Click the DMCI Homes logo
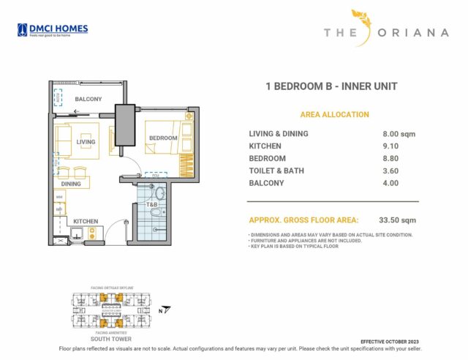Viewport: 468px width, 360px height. click(x=53, y=30)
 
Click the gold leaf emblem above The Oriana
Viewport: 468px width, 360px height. click(x=363, y=22)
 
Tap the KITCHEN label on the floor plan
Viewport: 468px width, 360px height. click(x=86, y=221)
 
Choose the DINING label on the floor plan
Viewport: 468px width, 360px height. click(x=71, y=184)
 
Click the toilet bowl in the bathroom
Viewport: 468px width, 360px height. click(x=159, y=193)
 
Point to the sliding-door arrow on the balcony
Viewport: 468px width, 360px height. click(x=76, y=113)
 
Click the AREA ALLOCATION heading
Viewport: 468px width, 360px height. click(x=334, y=115)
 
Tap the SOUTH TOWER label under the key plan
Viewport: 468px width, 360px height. click(x=110, y=340)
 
